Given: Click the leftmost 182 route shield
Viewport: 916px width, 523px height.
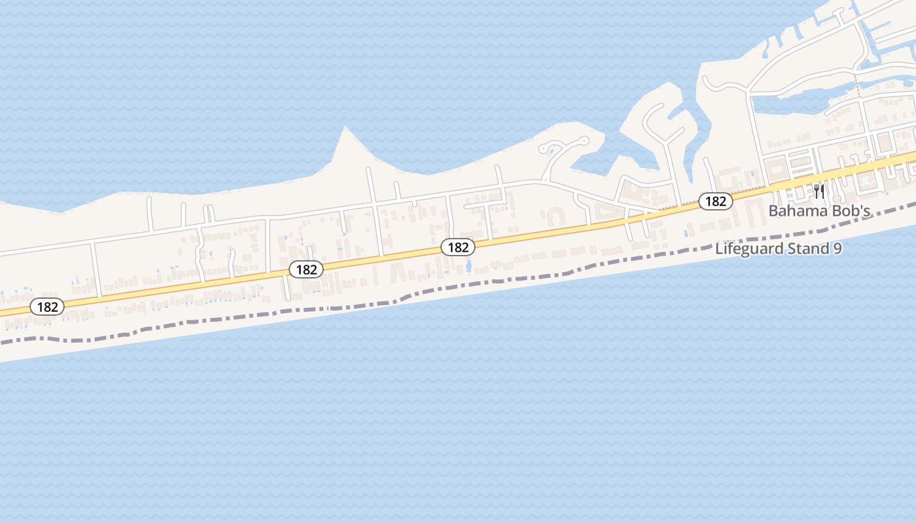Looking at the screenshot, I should click(47, 307).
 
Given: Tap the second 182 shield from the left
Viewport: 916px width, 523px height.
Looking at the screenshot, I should click(306, 269).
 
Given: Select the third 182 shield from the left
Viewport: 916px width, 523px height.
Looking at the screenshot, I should click(458, 247).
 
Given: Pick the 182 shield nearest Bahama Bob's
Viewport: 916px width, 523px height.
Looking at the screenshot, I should click(716, 201).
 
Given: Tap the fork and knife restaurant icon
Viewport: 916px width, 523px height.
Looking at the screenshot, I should click(819, 191).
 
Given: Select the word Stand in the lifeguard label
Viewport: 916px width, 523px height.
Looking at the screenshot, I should click(803, 249).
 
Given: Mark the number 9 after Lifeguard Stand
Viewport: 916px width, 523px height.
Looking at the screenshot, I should click(837, 249).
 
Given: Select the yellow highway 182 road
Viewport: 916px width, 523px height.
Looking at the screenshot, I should click(589, 226).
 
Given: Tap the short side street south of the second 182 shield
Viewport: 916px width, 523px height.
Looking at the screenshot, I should click(286, 288).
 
